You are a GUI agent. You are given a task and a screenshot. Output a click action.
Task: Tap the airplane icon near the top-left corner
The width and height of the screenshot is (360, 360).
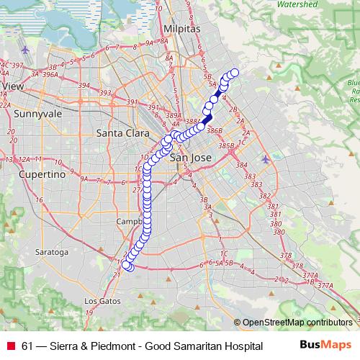(x=27, y=50)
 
